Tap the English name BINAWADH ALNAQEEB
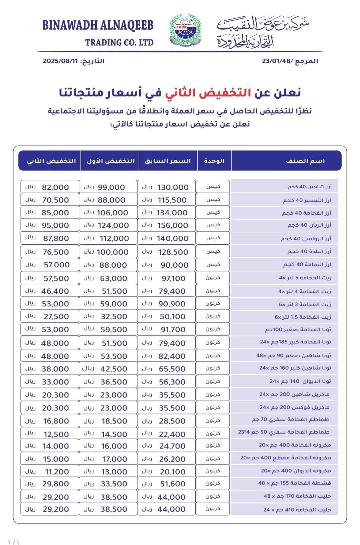click(98, 25)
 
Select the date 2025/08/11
click(60, 61)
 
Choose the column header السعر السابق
click(168, 161)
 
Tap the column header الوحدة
click(214, 161)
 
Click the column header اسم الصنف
click(305, 161)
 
